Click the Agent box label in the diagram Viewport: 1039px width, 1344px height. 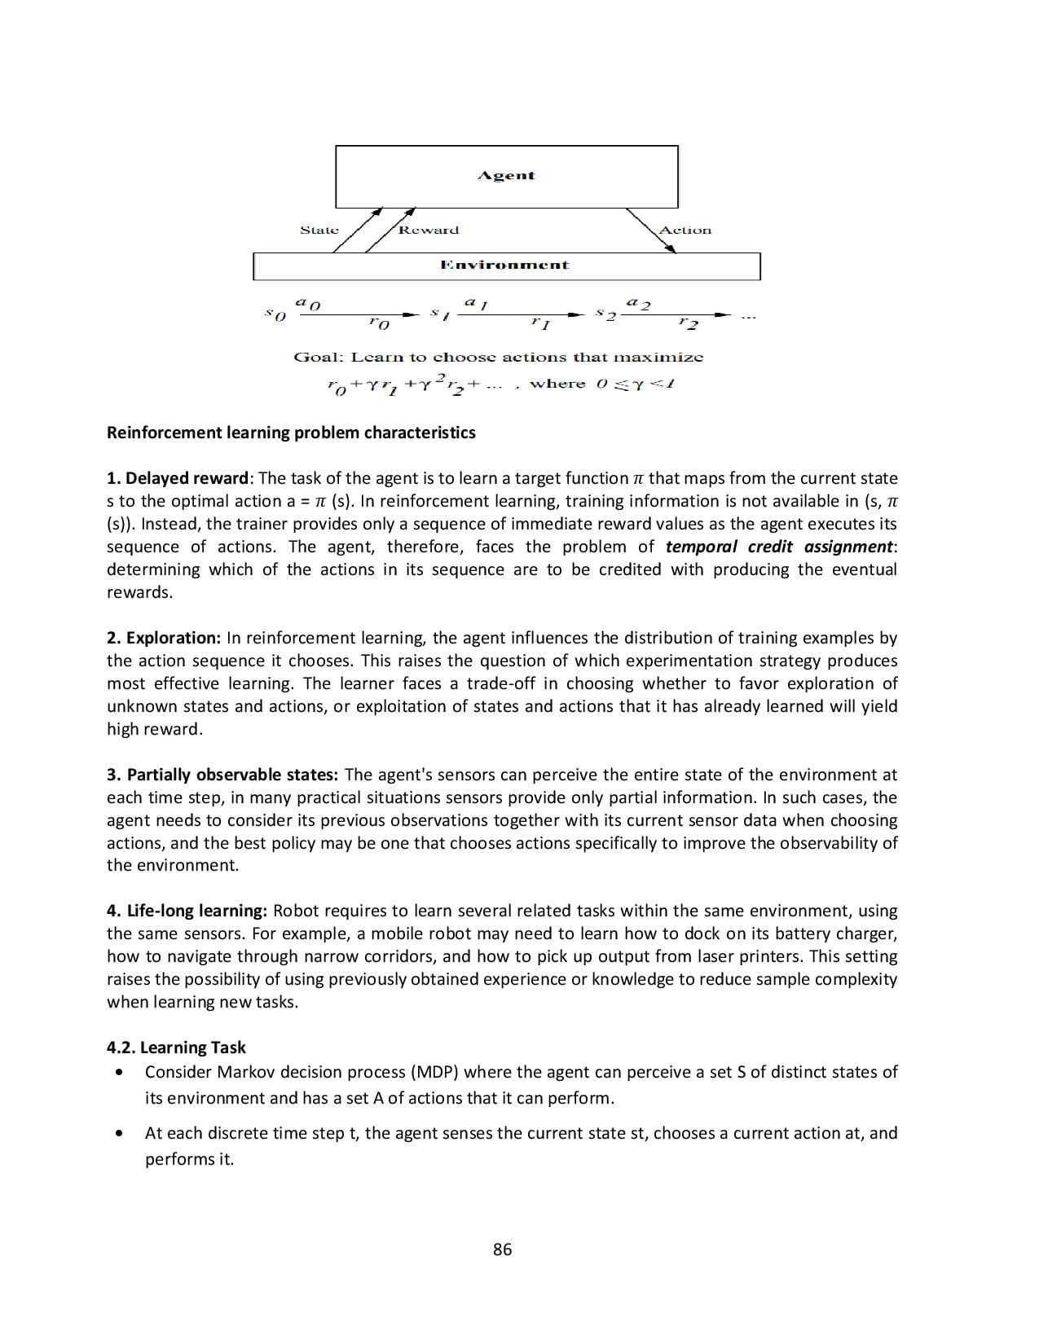(x=506, y=176)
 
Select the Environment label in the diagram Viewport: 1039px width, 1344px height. (x=504, y=266)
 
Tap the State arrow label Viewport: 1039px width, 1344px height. (x=319, y=231)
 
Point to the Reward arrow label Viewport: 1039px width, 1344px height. (x=429, y=231)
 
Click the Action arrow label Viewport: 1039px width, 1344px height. (x=685, y=231)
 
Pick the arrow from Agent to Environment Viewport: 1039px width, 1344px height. (x=650, y=231)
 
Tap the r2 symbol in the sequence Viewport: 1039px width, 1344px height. (x=689, y=324)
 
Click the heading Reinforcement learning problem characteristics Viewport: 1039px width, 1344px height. (x=291, y=433)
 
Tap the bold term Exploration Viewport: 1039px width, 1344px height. (x=173, y=638)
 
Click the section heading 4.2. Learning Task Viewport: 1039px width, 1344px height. (x=176, y=1048)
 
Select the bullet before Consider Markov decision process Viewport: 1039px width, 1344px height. (x=121, y=1073)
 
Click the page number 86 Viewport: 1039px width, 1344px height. (x=503, y=1250)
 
